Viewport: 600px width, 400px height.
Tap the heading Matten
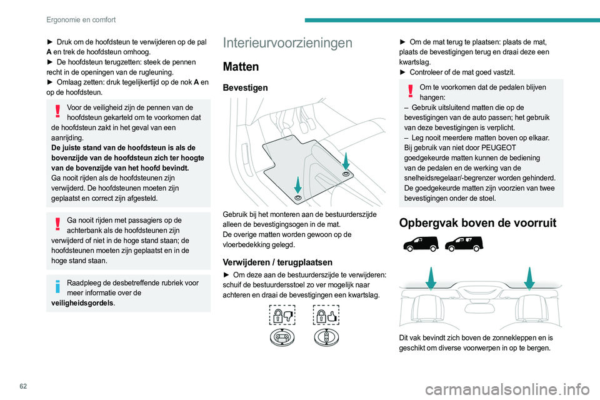point(241,66)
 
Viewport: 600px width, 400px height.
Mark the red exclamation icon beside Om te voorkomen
point(410,92)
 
